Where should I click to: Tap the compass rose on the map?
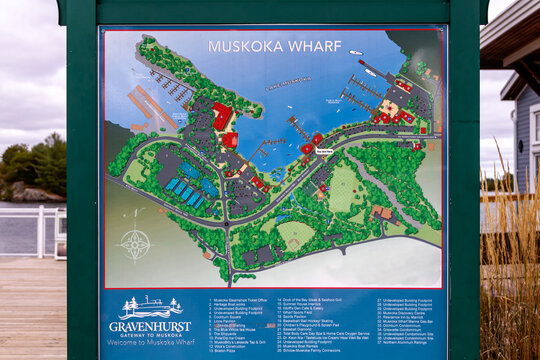[x=135, y=243]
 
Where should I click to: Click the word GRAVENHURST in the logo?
[x=150, y=327]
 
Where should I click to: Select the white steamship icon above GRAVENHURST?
[x=149, y=307]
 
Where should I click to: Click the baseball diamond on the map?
[x=343, y=185]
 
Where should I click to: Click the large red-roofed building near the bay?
[x=222, y=117]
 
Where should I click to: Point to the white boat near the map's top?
[x=356, y=52]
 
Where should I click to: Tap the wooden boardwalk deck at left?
[x=30, y=310]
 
